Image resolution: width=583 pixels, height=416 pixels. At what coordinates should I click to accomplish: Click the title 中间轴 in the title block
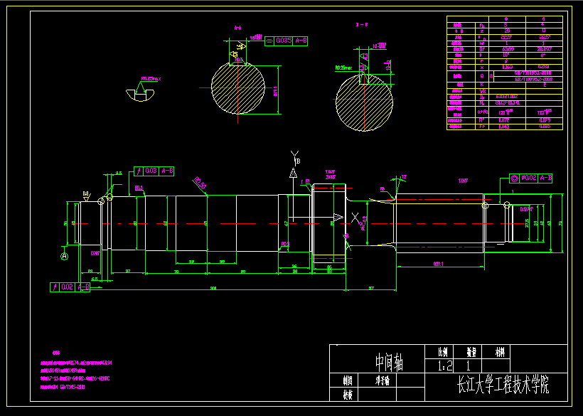tap(388, 364)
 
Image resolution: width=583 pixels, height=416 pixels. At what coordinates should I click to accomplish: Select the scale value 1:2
tap(445, 367)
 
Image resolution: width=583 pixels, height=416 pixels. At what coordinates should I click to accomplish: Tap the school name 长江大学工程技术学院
tap(503, 386)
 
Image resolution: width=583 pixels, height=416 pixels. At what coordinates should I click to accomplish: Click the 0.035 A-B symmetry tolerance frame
tap(286, 41)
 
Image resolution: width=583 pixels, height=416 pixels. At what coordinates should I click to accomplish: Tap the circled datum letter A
tap(64, 256)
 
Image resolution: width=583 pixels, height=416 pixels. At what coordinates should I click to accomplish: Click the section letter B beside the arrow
tap(298, 161)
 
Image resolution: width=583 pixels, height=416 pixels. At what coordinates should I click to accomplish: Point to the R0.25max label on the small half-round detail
tap(151, 79)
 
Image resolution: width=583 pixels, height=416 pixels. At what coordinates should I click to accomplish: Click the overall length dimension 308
tap(213, 288)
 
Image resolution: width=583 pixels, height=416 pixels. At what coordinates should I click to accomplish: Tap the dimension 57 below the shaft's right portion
tap(370, 288)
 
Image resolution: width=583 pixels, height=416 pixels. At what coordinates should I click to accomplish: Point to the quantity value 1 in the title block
tap(469, 367)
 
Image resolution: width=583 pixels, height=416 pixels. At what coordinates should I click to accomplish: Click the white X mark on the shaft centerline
tap(354, 217)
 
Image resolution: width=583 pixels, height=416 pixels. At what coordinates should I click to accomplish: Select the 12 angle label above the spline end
tap(405, 176)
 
